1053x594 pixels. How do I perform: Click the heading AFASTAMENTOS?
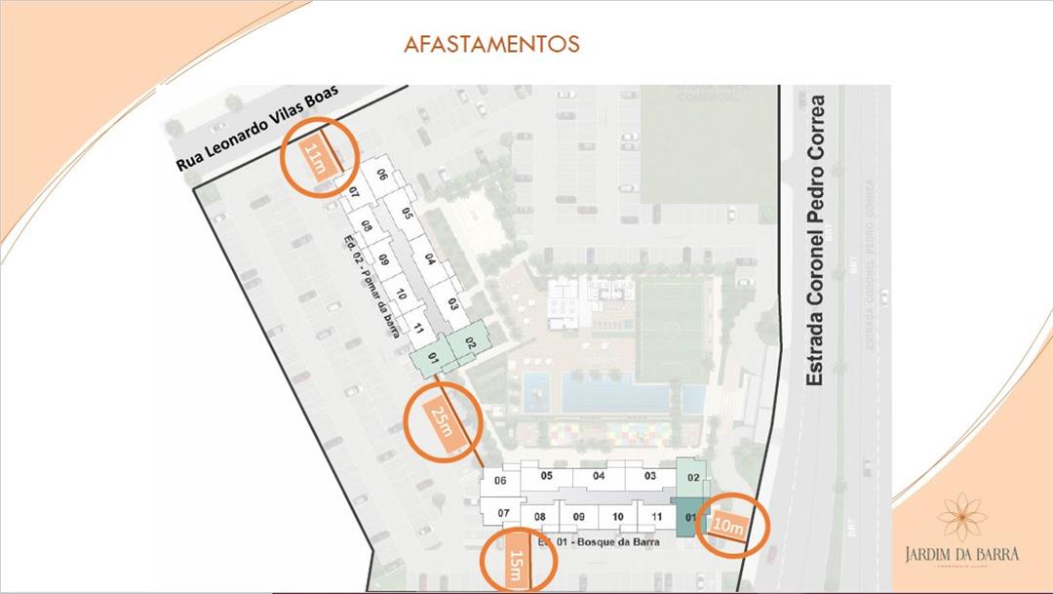click(x=492, y=45)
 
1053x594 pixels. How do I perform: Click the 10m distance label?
click(x=728, y=524)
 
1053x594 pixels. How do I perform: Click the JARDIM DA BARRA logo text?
click(x=961, y=553)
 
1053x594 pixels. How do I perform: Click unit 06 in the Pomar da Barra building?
click(x=383, y=176)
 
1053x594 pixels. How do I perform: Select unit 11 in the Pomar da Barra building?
click(x=417, y=328)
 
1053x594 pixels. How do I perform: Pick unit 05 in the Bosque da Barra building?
click(x=546, y=476)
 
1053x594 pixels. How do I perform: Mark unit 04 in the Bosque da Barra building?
click(x=599, y=476)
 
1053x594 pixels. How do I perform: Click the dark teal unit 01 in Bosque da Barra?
click(x=689, y=517)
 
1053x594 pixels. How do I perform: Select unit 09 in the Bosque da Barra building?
click(x=578, y=517)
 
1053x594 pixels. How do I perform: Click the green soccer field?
click(x=670, y=328)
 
